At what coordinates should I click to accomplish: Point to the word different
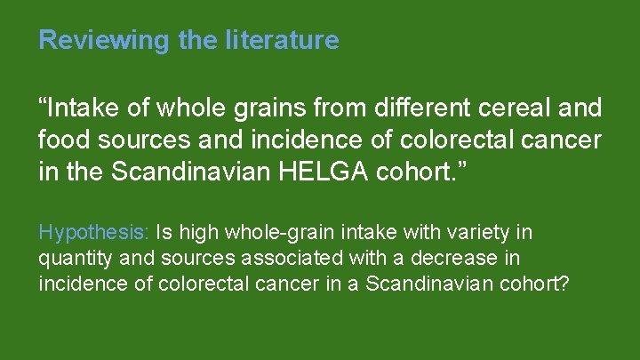tap(412, 109)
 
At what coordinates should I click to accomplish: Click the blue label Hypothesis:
tap(94, 233)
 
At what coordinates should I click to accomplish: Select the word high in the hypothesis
tap(194, 233)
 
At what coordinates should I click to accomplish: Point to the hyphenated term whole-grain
tap(268, 233)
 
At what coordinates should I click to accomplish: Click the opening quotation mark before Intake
tap(44, 104)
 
